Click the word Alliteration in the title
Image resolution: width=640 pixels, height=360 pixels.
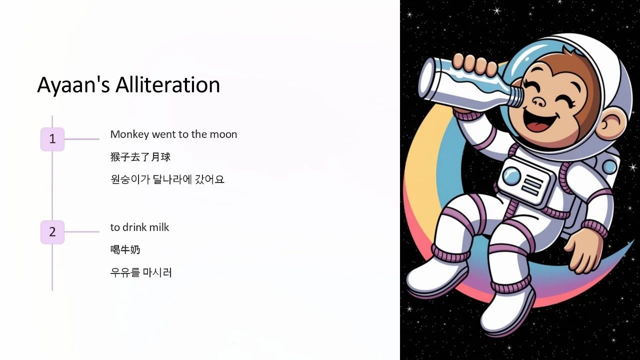coord(167,85)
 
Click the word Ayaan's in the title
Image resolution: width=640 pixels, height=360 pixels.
coord(73,85)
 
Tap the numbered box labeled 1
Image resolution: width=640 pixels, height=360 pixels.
coord(52,139)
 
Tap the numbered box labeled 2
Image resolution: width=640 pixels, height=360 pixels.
coord(52,232)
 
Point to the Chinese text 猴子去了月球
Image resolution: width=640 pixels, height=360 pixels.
coord(140,157)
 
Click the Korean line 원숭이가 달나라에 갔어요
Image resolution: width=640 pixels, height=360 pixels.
coord(167,179)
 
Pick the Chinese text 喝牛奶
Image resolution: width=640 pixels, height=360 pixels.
coord(125,249)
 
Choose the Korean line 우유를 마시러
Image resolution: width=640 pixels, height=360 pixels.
coord(141,272)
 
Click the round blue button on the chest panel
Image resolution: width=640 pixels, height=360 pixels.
coord(511,175)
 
